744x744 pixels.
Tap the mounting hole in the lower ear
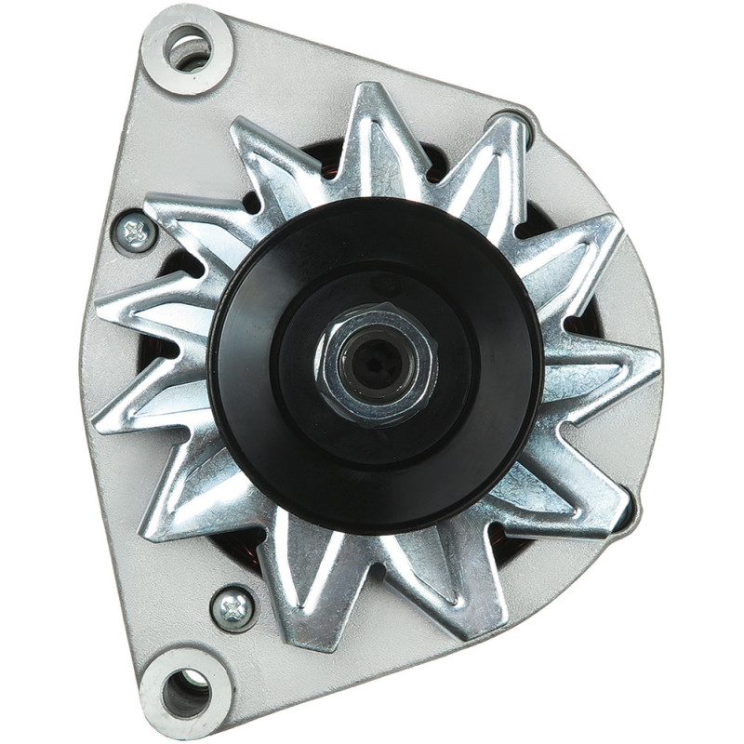pyautogui.click(x=185, y=692)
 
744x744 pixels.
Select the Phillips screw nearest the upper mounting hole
pyautogui.click(x=136, y=232)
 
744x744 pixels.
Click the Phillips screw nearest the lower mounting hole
pyautogui.click(x=232, y=607)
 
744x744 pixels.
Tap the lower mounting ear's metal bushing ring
pyautogui.click(x=164, y=693)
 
